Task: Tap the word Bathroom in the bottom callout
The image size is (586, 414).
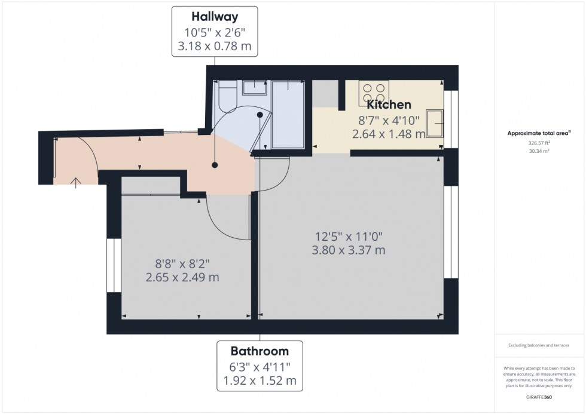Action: (260, 351)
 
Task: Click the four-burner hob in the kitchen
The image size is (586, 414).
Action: (374, 93)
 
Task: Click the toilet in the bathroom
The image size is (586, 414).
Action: (228, 97)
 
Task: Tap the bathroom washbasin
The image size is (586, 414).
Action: (255, 88)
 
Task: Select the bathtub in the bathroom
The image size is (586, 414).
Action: (288, 114)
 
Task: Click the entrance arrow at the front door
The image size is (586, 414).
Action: (76, 182)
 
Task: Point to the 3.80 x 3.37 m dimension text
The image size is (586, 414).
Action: (349, 250)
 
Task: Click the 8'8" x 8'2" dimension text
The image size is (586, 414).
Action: (182, 263)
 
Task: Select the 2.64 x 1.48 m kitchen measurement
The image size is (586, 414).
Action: (389, 134)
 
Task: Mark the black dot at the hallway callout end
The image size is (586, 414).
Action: (215, 165)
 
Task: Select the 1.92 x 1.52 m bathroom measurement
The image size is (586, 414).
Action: (260, 380)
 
